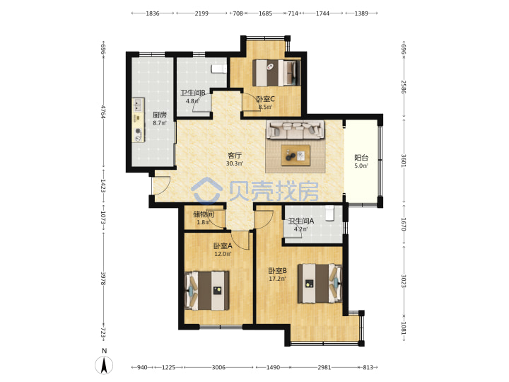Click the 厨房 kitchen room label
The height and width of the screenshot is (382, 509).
(159, 115)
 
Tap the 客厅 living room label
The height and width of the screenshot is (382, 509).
(235, 156)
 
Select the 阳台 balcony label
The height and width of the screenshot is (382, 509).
(361, 158)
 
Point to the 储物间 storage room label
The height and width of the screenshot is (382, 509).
(204, 214)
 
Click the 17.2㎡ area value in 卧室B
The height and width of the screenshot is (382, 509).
(277, 279)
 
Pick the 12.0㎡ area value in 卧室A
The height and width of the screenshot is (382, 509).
(223, 254)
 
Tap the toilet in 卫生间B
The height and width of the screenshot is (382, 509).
(218, 69)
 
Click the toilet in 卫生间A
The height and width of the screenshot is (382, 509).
(330, 213)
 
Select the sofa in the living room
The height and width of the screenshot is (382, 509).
(295, 129)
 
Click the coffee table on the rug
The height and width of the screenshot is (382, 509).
(296, 155)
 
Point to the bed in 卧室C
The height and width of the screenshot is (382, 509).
(276, 73)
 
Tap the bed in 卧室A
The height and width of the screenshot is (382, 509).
(206, 291)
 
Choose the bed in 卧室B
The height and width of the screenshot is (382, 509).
(320, 284)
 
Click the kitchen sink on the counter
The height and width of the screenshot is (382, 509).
(139, 105)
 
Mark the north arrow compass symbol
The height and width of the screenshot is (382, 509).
(104, 364)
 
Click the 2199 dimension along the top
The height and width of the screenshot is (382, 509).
(201, 13)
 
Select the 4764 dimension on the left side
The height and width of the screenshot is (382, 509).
(103, 112)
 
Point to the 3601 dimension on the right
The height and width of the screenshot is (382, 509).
(404, 161)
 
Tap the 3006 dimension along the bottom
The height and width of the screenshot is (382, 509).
(218, 367)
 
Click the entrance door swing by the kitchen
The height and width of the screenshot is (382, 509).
(161, 185)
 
